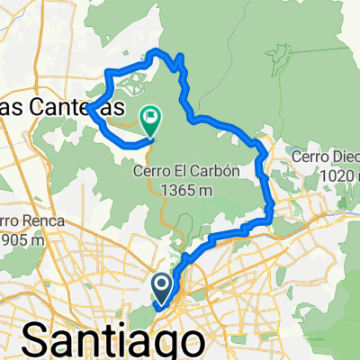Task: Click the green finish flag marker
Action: pyautogui.click(x=150, y=115)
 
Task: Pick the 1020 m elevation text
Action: pyautogui.click(x=326, y=177)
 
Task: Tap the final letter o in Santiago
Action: pyautogui.click(x=188, y=342)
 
